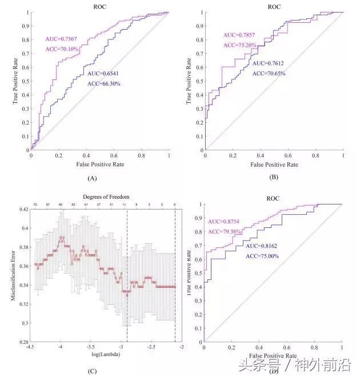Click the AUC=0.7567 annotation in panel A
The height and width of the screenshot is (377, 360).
point(62,39)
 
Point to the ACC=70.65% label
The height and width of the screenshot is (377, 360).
point(269,73)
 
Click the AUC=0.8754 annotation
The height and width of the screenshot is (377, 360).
point(222,222)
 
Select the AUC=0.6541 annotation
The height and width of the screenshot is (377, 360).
point(104,74)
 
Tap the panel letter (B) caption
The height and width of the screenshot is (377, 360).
point(274,178)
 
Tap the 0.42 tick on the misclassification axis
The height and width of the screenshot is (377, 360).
point(23,210)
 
